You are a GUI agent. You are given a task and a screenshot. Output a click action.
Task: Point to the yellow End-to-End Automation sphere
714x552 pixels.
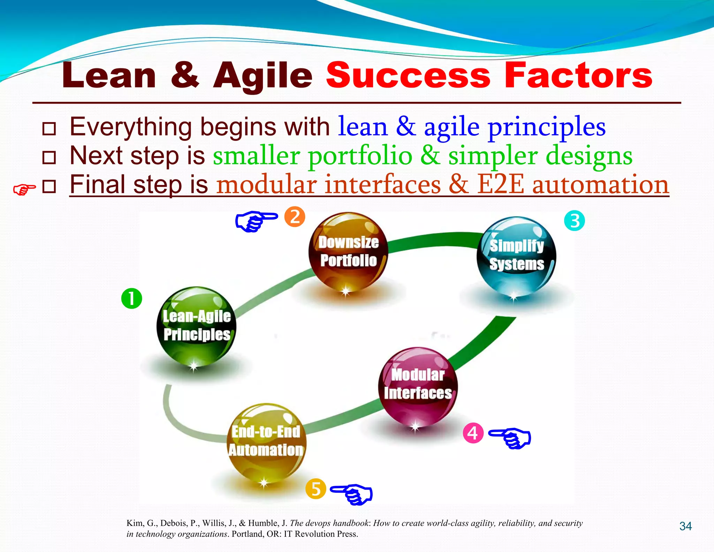pyautogui.click(x=266, y=442)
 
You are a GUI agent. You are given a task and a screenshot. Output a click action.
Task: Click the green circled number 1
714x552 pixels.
pyautogui.click(x=131, y=298)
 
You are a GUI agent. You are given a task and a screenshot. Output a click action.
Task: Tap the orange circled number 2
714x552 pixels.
pyautogui.click(x=295, y=217)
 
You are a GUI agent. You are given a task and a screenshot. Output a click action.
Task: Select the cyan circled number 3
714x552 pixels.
pyautogui.click(x=574, y=221)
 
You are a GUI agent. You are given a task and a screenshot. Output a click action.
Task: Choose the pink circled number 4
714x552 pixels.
pyautogui.click(x=473, y=433)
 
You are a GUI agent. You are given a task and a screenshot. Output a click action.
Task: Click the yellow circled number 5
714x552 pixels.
pyautogui.click(x=316, y=489)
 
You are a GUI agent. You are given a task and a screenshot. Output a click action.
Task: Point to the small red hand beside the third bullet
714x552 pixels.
pyautogui.click(x=24, y=189)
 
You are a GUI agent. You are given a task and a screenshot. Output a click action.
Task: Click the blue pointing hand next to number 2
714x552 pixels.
pyautogui.click(x=256, y=221)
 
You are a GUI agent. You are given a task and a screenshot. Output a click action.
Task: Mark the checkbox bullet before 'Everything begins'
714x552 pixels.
pyautogui.click(x=49, y=129)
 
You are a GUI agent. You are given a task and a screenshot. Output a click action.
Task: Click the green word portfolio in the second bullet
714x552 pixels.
pyautogui.click(x=360, y=156)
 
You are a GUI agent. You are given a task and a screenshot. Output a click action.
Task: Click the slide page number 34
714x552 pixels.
pyautogui.click(x=685, y=526)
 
